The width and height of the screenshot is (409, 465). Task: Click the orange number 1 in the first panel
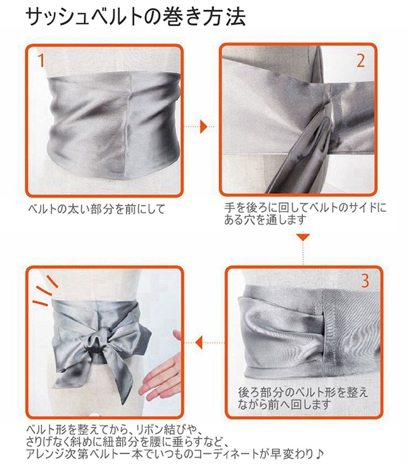click(x=41, y=60)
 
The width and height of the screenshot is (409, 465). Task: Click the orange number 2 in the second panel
click(x=360, y=61)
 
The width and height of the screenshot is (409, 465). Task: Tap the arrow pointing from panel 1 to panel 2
click(x=200, y=126)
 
